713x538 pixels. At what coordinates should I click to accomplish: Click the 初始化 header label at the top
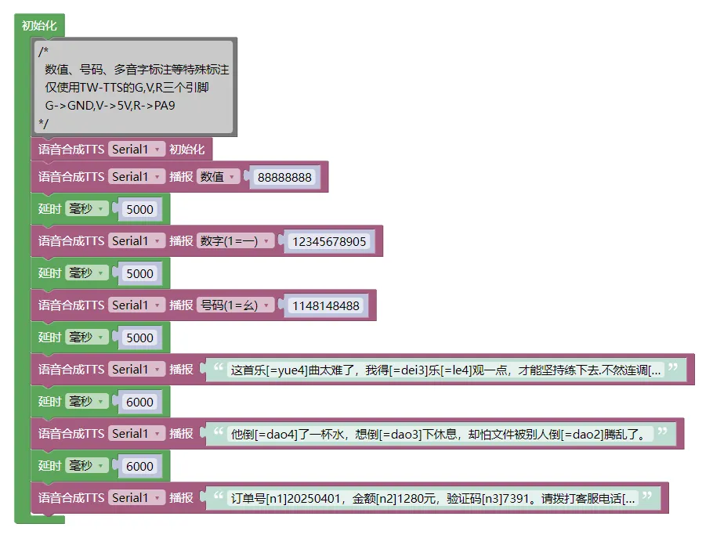coord(39,25)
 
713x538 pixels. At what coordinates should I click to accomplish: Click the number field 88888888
coord(284,177)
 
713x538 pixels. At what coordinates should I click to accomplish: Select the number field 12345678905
coord(329,241)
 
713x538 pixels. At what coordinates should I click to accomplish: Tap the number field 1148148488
coord(326,305)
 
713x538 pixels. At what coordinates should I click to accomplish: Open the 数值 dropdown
coord(218,177)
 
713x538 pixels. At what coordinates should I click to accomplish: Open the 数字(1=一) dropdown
coord(235,241)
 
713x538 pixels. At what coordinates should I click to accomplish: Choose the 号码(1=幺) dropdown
coord(235,305)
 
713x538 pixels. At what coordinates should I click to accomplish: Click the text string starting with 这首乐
coord(446,370)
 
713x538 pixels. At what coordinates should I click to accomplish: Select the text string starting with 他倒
coord(440,435)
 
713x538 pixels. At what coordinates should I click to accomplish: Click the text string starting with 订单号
coord(433,499)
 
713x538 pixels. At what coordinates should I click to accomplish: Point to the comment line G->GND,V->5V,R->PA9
coord(110,106)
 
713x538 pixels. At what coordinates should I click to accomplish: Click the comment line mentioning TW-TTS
coord(126,87)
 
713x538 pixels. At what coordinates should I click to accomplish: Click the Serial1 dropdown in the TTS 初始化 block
coord(136,149)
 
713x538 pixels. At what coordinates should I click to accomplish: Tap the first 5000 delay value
coord(139,209)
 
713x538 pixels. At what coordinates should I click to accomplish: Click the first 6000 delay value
coord(139,403)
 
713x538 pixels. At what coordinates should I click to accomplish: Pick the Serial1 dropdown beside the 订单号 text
coord(136,497)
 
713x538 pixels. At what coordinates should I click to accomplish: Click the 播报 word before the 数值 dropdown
coord(181,177)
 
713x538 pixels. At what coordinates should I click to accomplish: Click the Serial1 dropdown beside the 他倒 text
coord(136,434)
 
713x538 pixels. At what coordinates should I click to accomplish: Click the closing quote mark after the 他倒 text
coord(663,431)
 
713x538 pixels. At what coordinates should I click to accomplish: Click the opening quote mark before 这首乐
coord(219,366)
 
